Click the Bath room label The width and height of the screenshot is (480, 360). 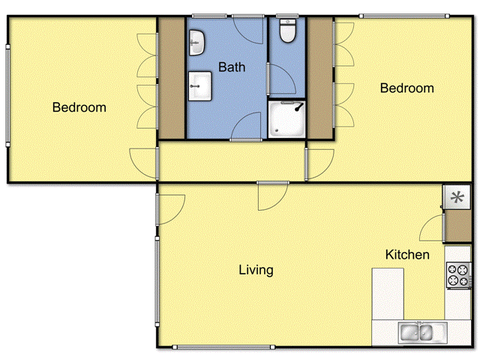(x=232, y=67)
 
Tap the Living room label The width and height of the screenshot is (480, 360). (x=256, y=270)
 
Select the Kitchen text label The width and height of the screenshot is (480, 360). (x=407, y=255)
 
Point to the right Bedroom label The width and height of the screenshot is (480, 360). (x=406, y=88)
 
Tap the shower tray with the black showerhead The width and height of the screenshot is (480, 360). (x=286, y=120)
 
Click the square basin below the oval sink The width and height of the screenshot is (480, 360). (x=200, y=85)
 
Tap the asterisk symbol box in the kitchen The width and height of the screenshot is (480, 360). (x=454, y=198)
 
